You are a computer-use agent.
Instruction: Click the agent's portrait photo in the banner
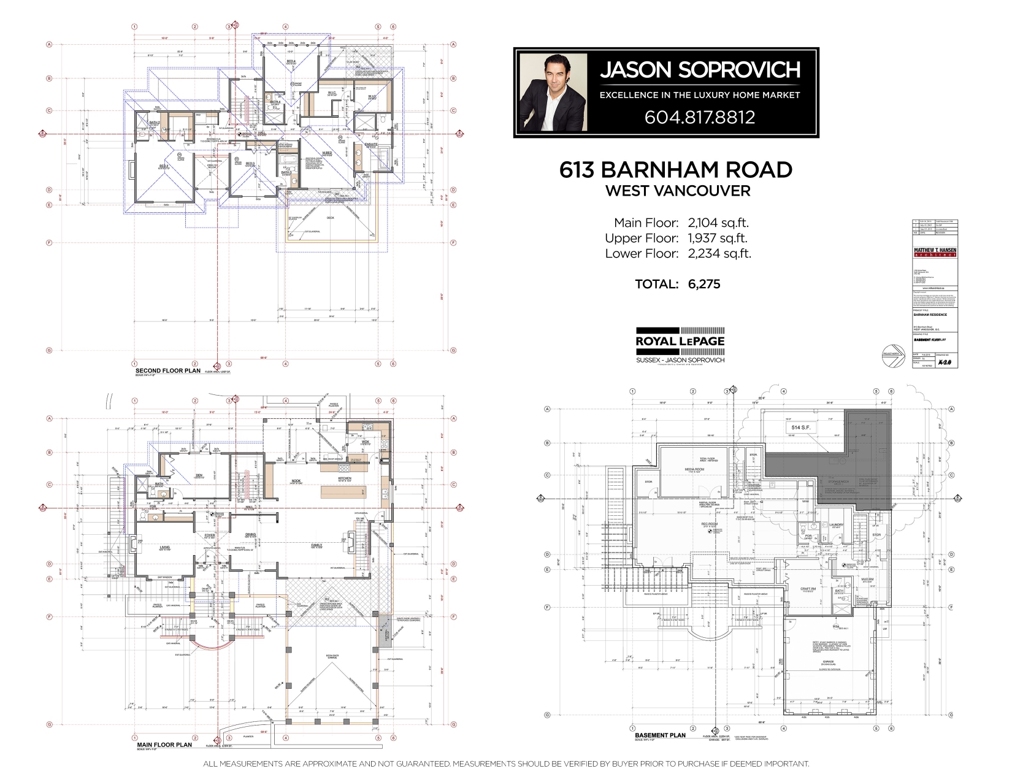click(x=552, y=94)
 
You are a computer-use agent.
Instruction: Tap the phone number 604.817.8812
click(x=699, y=117)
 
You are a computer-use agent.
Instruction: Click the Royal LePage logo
click(x=680, y=341)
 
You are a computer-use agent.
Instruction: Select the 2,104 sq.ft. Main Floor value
click(x=718, y=223)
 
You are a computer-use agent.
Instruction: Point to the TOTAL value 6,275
click(x=703, y=284)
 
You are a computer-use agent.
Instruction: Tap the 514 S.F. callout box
click(x=796, y=427)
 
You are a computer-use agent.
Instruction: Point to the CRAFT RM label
click(x=808, y=589)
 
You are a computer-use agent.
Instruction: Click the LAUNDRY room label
click(x=836, y=525)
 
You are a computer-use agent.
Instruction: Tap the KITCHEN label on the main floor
click(x=344, y=478)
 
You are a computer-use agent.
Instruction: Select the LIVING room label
click(x=164, y=546)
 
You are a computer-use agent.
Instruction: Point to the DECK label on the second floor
click(x=330, y=218)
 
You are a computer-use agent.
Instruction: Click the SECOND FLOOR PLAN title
click(x=167, y=371)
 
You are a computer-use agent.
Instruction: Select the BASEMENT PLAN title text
click(x=660, y=735)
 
